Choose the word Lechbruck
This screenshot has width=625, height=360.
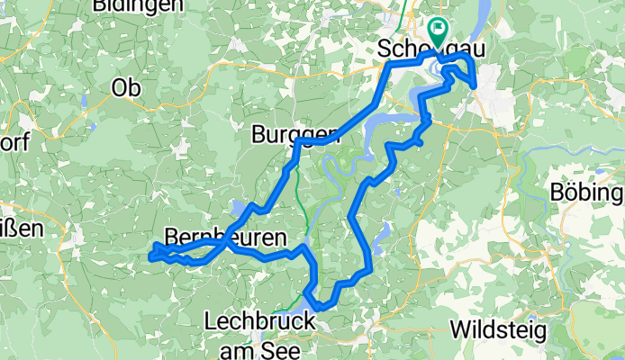pos(259,320)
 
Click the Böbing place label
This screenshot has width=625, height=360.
pos(589,193)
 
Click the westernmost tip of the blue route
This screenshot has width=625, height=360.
pos(149,258)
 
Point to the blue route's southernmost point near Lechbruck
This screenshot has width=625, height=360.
pos(322,308)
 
